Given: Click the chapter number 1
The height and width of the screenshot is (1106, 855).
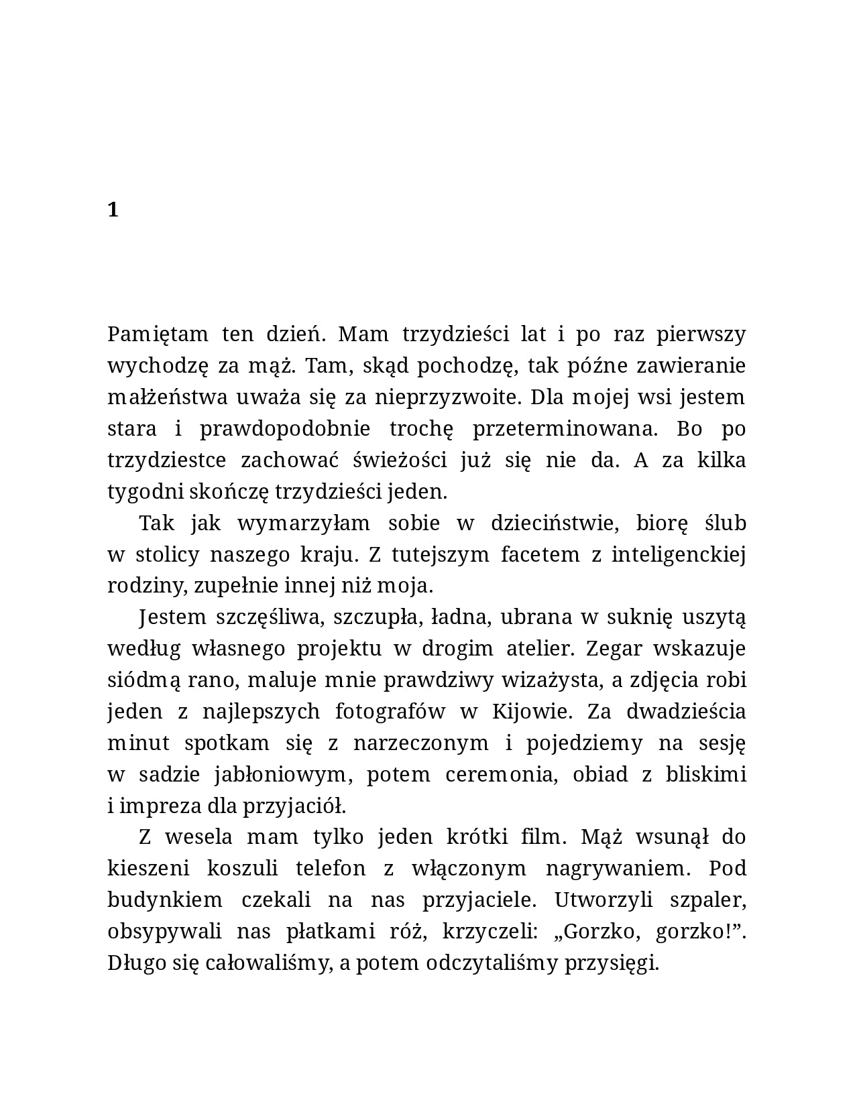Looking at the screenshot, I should pos(113,210).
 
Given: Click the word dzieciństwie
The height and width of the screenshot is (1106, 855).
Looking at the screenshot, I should pos(554,523).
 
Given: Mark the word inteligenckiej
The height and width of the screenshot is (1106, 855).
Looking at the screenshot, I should pos(678,554).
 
